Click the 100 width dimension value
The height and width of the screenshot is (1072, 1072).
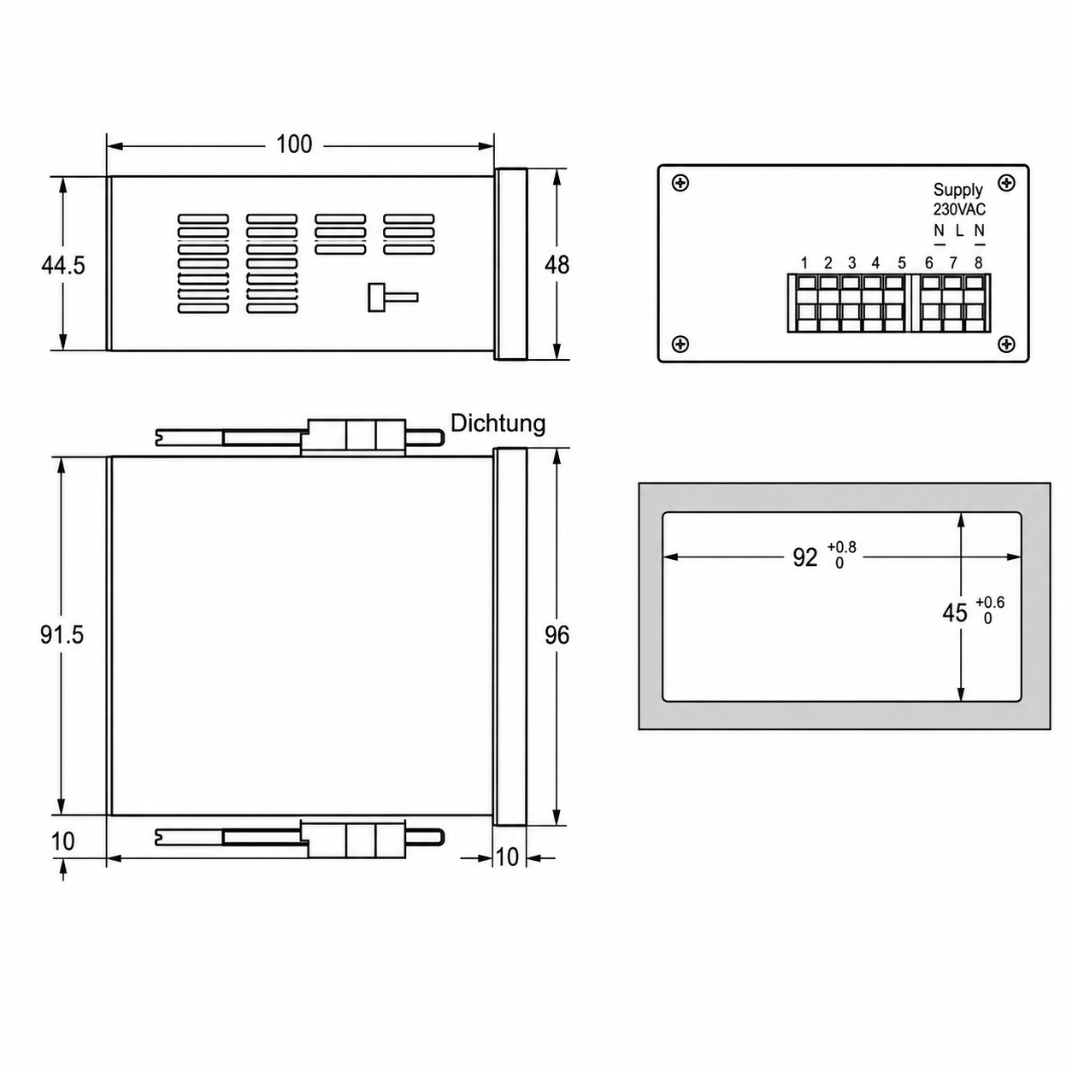click(294, 144)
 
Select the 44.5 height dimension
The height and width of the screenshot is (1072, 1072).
click(63, 265)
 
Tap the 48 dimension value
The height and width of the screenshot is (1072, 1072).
click(557, 265)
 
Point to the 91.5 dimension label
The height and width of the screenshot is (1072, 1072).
click(62, 634)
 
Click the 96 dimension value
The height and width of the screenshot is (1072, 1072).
click(557, 635)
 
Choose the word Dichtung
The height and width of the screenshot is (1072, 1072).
click(498, 423)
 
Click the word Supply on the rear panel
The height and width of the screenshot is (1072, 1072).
click(958, 191)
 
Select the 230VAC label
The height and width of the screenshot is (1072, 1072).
click(959, 209)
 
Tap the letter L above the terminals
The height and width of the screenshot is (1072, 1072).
click(959, 230)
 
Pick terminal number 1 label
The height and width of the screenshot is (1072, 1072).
click(804, 262)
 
